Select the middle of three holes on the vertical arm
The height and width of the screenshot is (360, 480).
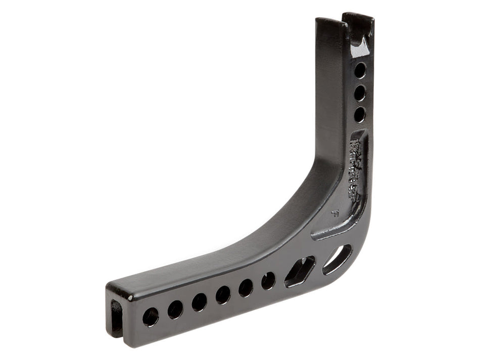pyautogui.click(x=360, y=93)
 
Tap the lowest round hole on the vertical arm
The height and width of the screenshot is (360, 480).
pyautogui.click(x=360, y=115)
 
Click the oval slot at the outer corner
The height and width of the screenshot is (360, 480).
pyautogui.click(x=337, y=259)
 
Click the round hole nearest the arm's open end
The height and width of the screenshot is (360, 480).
pyautogui.click(x=150, y=317)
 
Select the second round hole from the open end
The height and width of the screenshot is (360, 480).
pyautogui.click(x=175, y=309)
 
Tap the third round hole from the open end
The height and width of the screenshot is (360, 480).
pyautogui.click(x=199, y=302)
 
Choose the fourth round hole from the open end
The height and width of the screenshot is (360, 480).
pyautogui.click(x=223, y=294)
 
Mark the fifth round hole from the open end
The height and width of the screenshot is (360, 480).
pyautogui.click(x=246, y=287)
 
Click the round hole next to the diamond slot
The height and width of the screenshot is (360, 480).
pyautogui.click(x=268, y=280)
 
